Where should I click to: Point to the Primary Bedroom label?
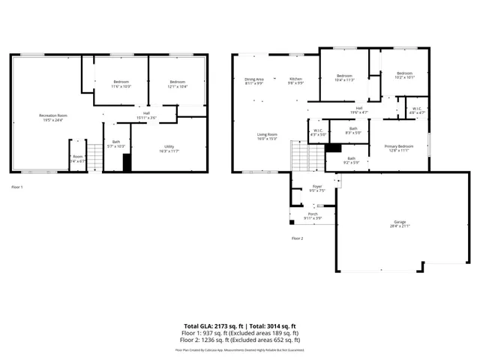pos(398,148)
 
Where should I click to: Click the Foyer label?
pos(316,188)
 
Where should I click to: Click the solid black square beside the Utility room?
pos(127,163)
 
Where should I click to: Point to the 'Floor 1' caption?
pos(16,186)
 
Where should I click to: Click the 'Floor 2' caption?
pos(297,238)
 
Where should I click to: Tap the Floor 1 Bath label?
pos(116,143)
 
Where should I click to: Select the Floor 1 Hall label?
pos(146,115)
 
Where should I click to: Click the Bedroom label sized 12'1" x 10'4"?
pos(177,84)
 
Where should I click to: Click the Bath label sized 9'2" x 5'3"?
pos(352,160)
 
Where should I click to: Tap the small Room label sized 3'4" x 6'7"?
pos(78,158)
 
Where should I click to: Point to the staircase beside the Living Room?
pos(298,157)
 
